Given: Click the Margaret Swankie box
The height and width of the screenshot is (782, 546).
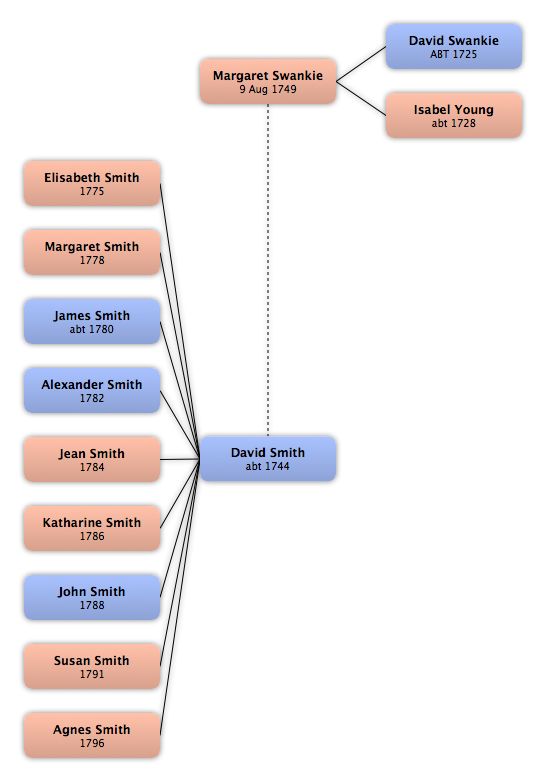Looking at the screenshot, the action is point(268,81).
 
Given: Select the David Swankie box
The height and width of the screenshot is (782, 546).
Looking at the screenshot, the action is point(454,46).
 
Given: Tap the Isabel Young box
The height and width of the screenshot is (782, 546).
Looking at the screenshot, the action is point(454,115).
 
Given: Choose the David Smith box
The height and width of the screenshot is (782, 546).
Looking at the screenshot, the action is point(268,459).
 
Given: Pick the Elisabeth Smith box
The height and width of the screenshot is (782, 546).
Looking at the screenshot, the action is point(92,183).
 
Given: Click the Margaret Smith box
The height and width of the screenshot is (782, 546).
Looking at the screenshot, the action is point(92,252).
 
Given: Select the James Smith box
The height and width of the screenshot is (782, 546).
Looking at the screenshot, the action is point(92,321).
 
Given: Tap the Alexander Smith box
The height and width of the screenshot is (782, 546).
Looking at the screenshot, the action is point(92,390).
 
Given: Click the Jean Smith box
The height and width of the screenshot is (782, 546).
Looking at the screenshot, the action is point(92,459).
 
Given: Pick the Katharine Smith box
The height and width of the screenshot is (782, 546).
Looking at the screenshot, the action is point(92,528).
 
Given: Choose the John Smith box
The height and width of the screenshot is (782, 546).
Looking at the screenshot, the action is point(92,597).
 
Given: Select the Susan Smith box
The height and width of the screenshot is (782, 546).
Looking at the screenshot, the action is point(92,666).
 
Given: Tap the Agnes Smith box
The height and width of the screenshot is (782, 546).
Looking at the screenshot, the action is point(92,735).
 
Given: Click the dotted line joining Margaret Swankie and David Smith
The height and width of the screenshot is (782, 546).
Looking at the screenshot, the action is point(268,270).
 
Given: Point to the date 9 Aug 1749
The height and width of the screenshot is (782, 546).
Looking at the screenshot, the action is point(268,89).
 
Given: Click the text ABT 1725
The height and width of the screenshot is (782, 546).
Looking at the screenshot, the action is point(454,54).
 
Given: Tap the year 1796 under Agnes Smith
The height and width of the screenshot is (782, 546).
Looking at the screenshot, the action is point(92,743).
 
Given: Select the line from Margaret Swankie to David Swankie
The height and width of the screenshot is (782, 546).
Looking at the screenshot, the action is point(361,64).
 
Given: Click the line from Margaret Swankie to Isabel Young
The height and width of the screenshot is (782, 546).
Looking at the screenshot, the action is point(361,98).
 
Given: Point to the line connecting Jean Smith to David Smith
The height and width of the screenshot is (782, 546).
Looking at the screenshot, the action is point(180,459).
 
